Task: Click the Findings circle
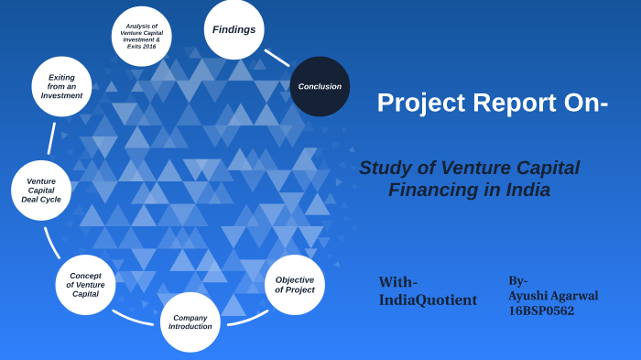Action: coord(234,29)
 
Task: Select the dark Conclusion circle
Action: coord(320,86)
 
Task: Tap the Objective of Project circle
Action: coord(294,285)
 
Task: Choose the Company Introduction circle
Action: coord(190,322)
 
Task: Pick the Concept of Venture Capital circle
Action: coord(85,285)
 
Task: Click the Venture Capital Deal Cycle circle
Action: coord(41,190)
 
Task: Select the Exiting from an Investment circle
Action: coord(61,86)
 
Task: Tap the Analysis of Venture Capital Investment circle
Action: coord(141,37)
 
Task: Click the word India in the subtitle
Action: coord(525,191)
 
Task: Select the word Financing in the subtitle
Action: coord(432,191)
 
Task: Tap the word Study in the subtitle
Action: coord(383,169)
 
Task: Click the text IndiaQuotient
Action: coord(428,300)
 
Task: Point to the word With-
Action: coord(397,282)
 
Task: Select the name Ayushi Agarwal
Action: coord(553,296)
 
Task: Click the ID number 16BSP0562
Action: coord(541,311)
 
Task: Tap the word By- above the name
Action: coord(518,280)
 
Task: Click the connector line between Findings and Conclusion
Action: coord(277,58)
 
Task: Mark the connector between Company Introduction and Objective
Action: coord(247,319)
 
